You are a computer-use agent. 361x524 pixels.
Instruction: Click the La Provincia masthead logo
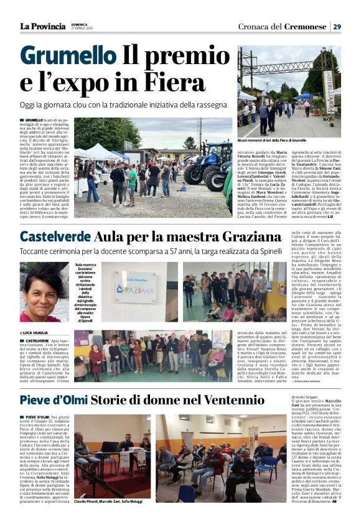42,26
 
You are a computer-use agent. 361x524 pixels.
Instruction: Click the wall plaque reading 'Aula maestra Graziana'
136,288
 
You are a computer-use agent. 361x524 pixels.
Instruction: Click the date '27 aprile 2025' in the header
82,29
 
